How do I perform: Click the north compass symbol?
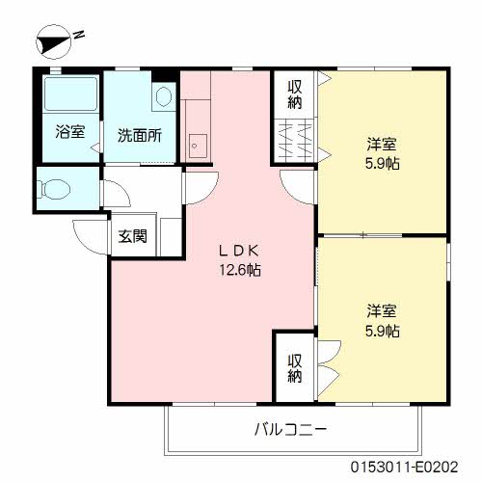[x=54, y=41]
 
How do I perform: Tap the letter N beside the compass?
[x=79, y=35]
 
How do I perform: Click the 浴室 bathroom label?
[x=70, y=132]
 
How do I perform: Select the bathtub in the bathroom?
[x=70, y=94]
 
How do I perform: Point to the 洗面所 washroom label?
[x=140, y=136]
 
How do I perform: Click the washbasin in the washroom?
[x=164, y=96]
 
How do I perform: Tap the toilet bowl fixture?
[x=54, y=189]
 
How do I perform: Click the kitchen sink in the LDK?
[x=198, y=146]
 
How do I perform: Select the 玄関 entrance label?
[x=132, y=236]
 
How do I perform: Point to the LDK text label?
[x=239, y=251]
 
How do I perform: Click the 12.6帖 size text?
[x=240, y=269]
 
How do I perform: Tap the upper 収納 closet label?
[x=295, y=94]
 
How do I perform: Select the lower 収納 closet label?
[x=295, y=368]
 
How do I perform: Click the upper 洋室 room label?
[x=382, y=145]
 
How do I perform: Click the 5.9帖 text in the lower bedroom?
[x=383, y=331]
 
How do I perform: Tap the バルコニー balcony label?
[x=290, y=429]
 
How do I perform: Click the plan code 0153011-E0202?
[x=404, y=467]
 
